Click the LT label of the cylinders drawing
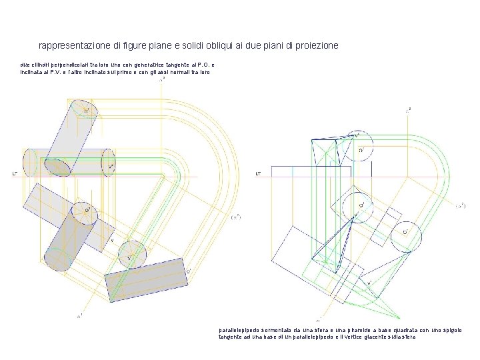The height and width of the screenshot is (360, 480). point(15,173)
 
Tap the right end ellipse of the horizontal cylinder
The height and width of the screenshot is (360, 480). point(109,162)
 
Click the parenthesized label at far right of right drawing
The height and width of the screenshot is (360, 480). point(460,207)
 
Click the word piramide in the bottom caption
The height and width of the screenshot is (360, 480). point(367,330)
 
